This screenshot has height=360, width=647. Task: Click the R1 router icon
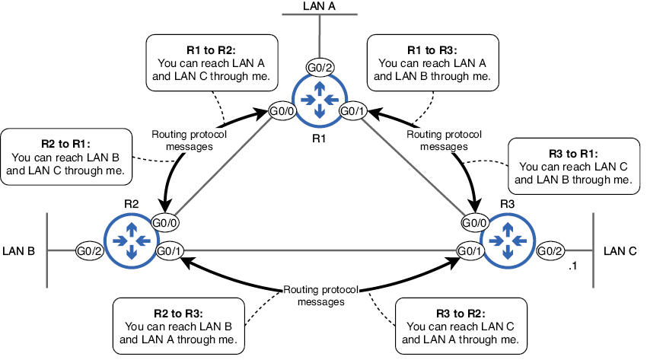[x=320, y=97]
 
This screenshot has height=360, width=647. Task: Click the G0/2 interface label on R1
[x=320, y=68]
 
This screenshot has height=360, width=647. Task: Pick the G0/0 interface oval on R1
[x=282, y=110]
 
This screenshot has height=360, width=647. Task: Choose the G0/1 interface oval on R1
[x=352, y=110]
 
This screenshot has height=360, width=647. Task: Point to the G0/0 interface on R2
[x=165, y=223]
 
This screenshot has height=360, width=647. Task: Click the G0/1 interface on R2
[x=169, y=250]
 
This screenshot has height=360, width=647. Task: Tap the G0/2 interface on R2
[x=89, y=250]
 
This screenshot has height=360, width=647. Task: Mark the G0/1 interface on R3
[x=470, y=250]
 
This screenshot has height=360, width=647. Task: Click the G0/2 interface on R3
[x=550, y=250]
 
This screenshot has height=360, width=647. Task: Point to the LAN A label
[x=320, y=5]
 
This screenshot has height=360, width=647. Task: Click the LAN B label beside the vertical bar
[x=19, y=250]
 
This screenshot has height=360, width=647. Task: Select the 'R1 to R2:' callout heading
[x=191, y=47]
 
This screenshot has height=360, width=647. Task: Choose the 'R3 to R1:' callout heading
[x=572, y=151]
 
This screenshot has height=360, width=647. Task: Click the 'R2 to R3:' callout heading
[x=178, y=312]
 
